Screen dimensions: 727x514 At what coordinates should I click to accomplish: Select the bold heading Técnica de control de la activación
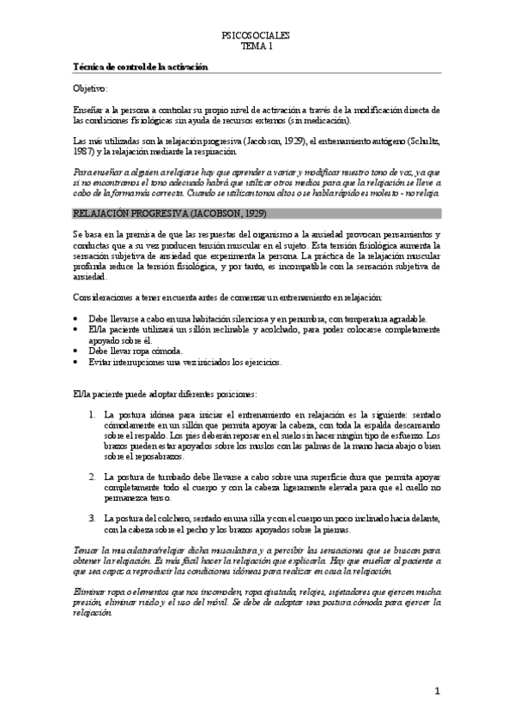tap(141, 66)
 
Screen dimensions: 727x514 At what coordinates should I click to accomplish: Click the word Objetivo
tap(90, 88)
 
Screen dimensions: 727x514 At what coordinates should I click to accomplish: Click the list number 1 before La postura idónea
tap(92, 414)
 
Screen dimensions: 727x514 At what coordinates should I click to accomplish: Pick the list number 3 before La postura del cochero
tap(92, 517)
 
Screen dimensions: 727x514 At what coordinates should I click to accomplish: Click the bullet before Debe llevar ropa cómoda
tap(76, 351)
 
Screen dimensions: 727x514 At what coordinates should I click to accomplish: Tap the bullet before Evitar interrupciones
tap(76, 362)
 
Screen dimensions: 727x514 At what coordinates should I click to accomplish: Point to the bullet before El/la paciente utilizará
tap(76, 329)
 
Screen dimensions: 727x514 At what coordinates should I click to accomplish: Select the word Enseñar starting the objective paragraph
tap(89, 110)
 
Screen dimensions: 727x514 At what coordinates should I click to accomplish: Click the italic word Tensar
tap(86, 549)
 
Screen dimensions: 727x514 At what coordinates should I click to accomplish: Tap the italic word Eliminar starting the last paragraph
tap(89, 592)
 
